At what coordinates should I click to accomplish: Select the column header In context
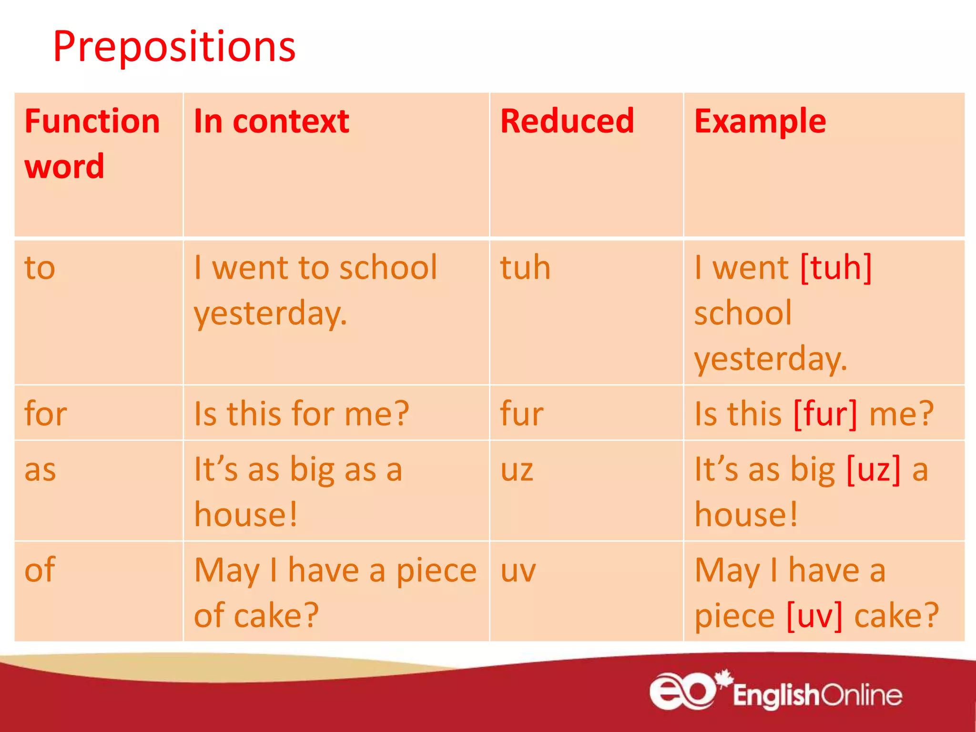pos(271,122)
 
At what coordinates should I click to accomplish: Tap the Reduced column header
pos(567,122)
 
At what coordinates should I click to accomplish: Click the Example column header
pos(760,122)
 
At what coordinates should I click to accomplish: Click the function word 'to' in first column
pos(40,268)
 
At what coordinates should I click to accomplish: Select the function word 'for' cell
pos(46,414)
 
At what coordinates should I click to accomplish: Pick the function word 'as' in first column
pos(40,470)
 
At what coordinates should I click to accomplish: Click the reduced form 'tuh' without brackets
pos(525,268)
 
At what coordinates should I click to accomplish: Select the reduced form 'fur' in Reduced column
pos(521,414)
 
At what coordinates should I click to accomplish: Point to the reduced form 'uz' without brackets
pos(517,470)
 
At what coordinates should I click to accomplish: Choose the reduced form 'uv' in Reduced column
pos(518,570)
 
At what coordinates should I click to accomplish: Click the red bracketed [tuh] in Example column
pos(836,268)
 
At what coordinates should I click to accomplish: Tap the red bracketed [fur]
pos(825,414)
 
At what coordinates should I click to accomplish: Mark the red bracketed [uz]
pos(874,470)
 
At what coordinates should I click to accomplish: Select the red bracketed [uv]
pos(814,616)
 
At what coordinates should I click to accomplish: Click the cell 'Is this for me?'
pos(301,414)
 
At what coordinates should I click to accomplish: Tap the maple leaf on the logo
pos(724,678)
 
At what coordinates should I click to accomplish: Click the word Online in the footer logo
pos(861,696)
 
